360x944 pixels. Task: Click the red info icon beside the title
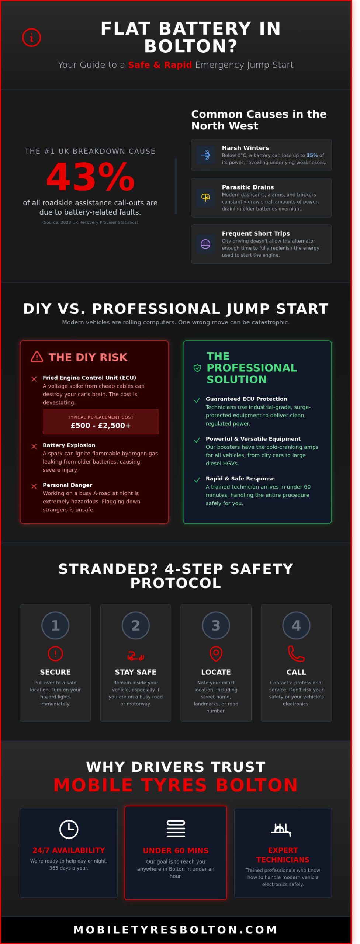[x=31, y=38]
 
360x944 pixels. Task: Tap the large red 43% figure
[x=90, y=177]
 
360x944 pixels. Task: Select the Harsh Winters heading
[x=245, y=148]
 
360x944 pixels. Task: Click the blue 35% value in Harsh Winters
[x=312, y=155]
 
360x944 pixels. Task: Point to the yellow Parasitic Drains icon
[x=205, y=198]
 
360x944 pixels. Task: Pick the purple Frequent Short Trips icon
[x=205, y=244]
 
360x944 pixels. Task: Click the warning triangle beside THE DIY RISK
[x=37, y=357]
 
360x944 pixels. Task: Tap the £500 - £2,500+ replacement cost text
[x=101, y=425]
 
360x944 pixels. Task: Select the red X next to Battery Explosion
[x=34, y=446]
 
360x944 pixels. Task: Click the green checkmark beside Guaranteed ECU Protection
[x=197, y=400]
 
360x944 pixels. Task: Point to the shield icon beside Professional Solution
[x=197, y=368]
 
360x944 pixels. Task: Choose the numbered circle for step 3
[x=216, y=625]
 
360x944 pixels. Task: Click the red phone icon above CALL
[x=296, y=653]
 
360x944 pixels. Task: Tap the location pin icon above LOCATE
[x=216, y=653]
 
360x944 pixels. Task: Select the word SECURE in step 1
[x=55, y=672]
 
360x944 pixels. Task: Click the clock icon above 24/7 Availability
[x=69, y=829]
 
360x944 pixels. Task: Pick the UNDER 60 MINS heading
[x=176, y=850]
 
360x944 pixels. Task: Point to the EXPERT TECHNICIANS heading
[x=283, y=855]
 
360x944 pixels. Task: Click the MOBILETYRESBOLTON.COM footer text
[x=176, y=930]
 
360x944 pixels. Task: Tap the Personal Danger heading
[x=67, y=485]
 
